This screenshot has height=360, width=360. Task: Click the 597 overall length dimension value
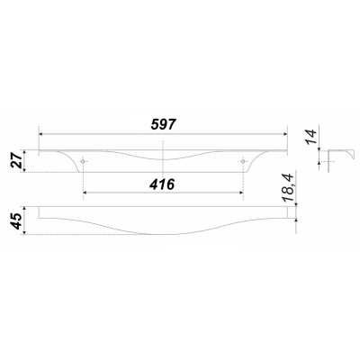pos(163,124)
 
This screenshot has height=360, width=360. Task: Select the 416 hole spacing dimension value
pos(162,184)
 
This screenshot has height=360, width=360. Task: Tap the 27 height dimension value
pos(16,160)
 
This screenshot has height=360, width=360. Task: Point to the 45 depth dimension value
pos(16,220)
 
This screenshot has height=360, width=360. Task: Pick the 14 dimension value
pos(311,137)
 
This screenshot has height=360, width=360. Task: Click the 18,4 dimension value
pos(289,188)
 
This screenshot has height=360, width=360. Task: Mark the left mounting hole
pos(83,162)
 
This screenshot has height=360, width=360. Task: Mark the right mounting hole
pos(242,162)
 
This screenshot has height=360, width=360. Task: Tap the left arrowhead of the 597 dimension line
pos(41,134)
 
